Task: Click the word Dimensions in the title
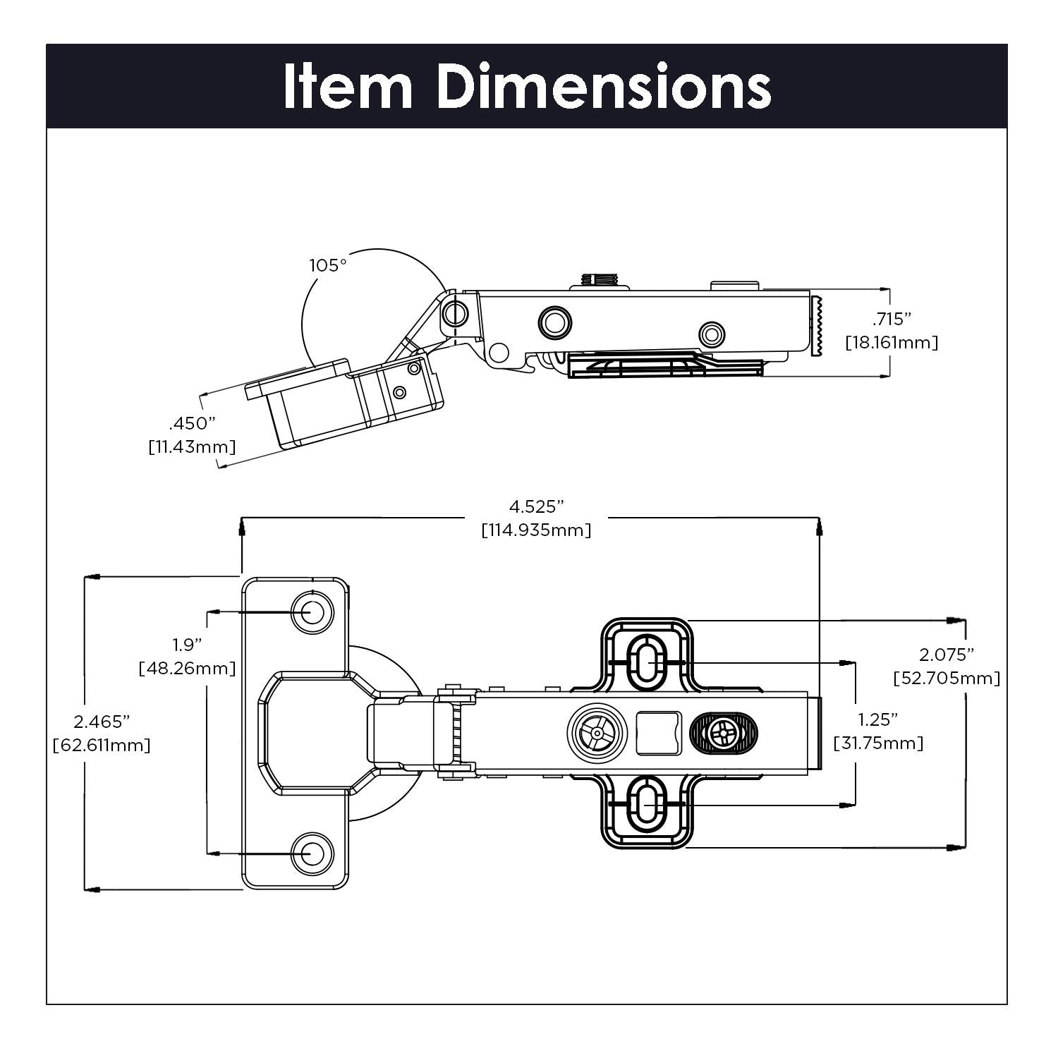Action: pyautogui.click(x=604, y=86)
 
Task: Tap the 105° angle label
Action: pyautogui.click(x=328, y=266)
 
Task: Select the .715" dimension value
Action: pyautogui.click(x=892, y=320)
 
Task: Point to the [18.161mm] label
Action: pyautogui.click(x=892, y=343)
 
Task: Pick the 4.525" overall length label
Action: pyautogui.click(x=537, y=506)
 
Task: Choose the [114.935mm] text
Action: pyautogui.click(x=536, y=530)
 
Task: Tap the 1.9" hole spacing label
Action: pyautogui.click(x=187, y=645)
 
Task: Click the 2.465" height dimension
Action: pyautogui.click(x=102, y=722)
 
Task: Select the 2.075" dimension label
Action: pyautogui.click(x=947, y=655)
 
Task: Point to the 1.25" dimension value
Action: pyautogui.click(x=878, y=719)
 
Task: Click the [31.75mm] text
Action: pyautogui.click(x=878, y=743)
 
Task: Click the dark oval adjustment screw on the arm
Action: pyautogui.click(x=722, y=734)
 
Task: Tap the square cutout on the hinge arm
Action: pyautogui.click(x=658, y=732)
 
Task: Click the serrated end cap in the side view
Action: pyautogui.click(x=818, y=327)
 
